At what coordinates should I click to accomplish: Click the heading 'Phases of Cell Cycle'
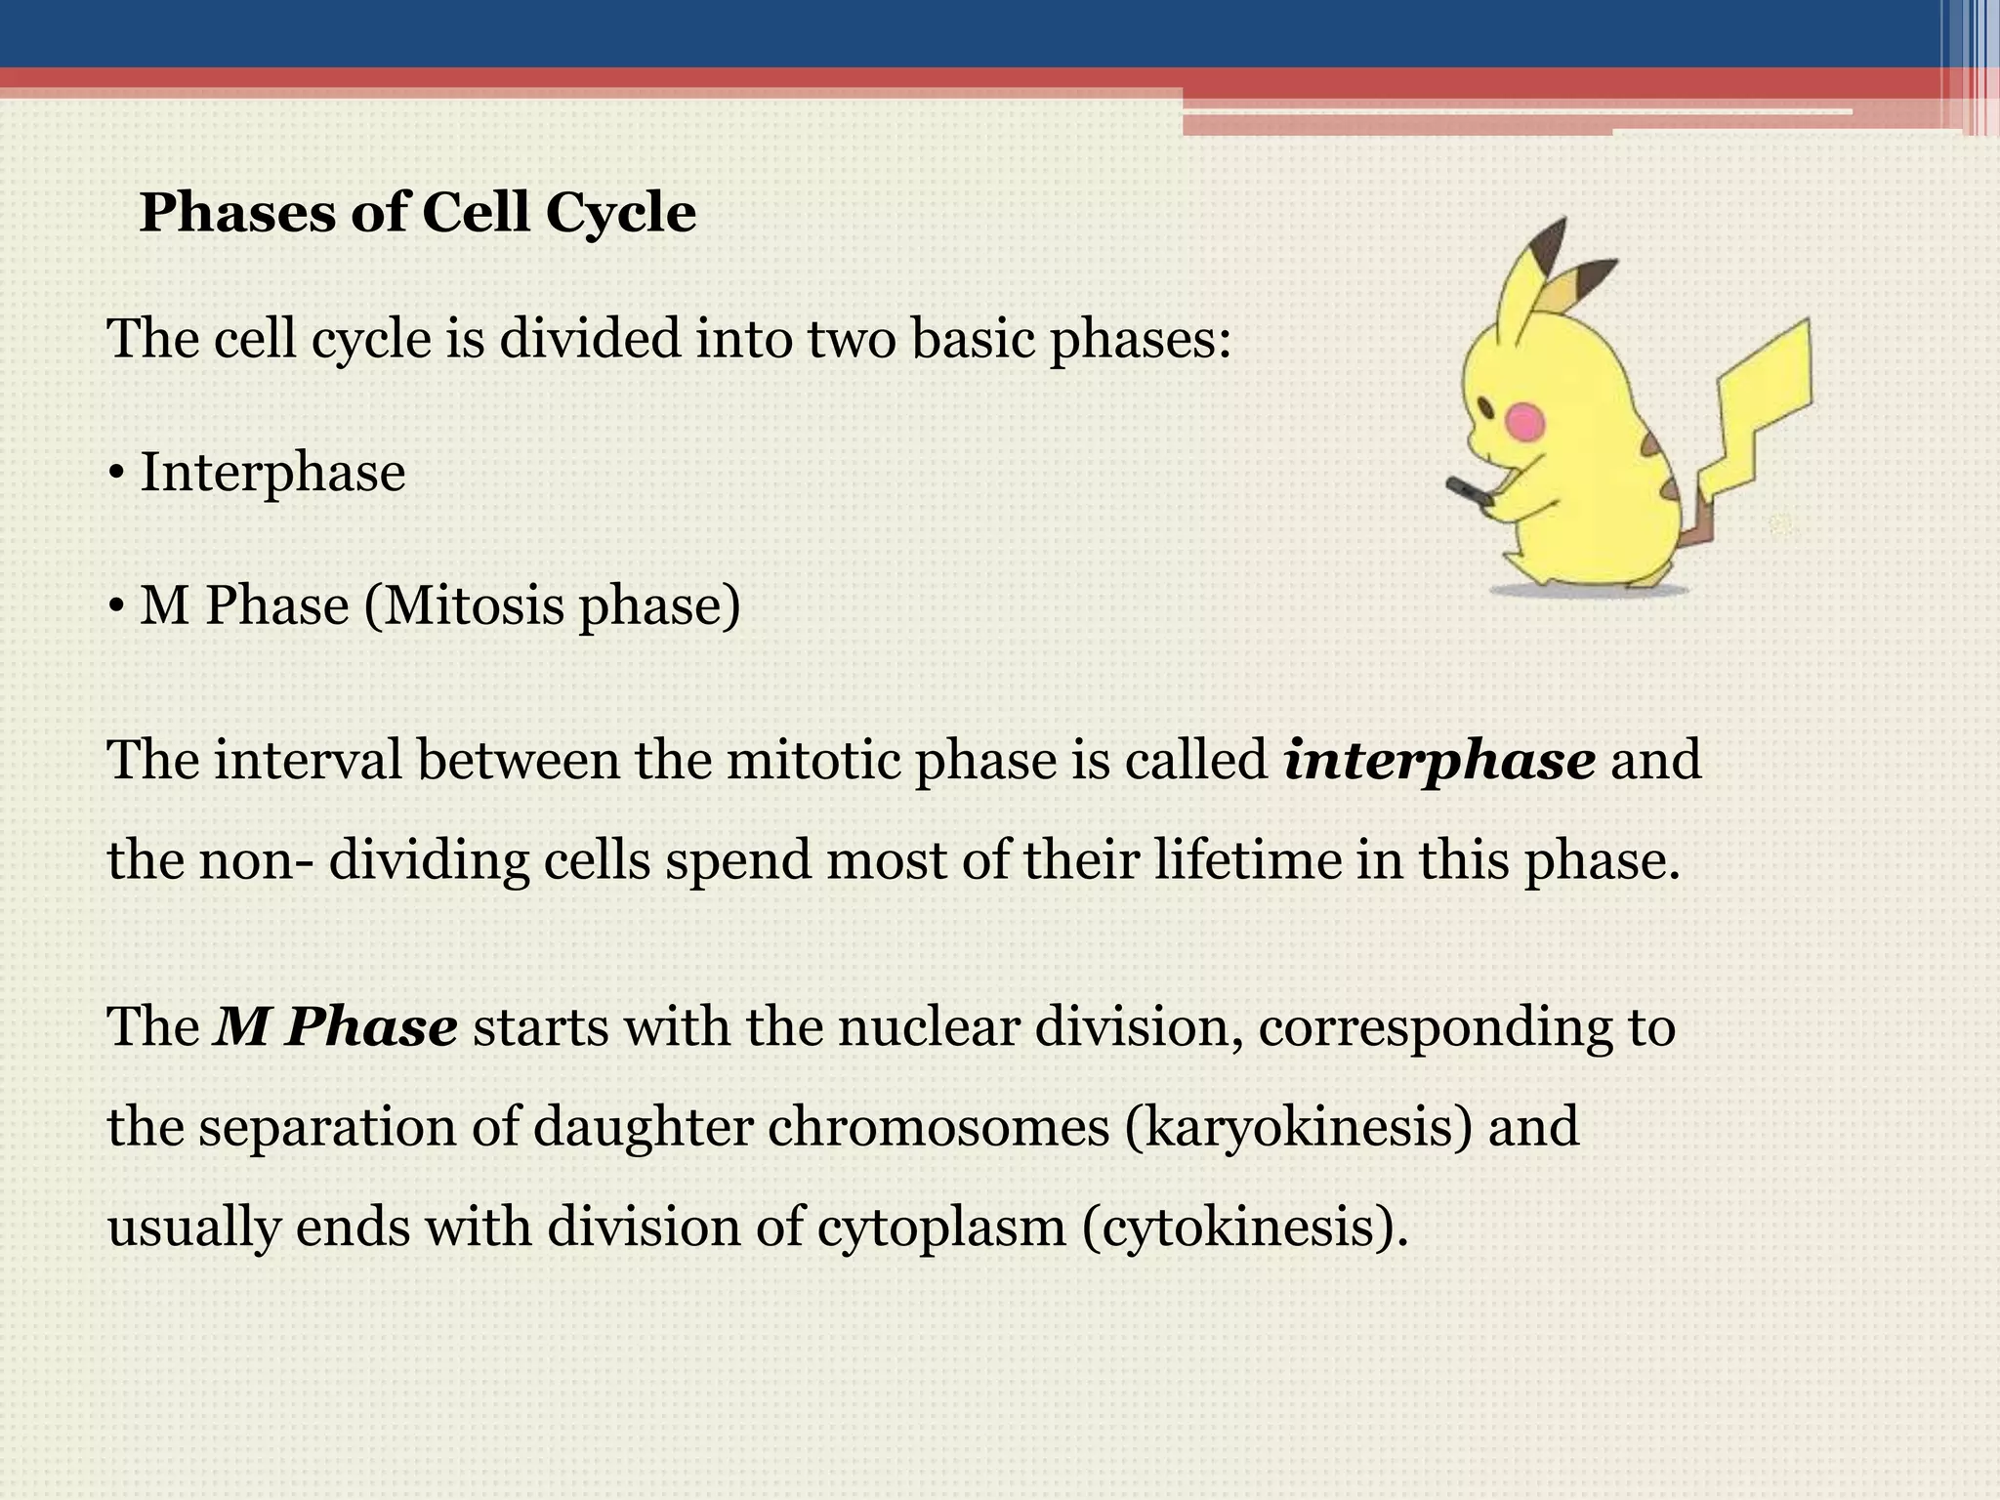(x=418, y=212)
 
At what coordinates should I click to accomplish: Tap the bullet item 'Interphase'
(x=272, y=473)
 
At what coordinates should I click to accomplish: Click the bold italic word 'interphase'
(x=1439, y=761)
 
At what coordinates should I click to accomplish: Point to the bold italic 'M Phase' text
(x=336, y=1027)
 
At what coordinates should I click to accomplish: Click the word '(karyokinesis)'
(x=1298, y=1127)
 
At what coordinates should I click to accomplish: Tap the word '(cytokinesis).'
(x=1246, y=1227)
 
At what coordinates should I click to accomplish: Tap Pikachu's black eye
(x=1487, y=405)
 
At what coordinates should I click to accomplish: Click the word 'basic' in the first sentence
(x=973, y=339)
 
